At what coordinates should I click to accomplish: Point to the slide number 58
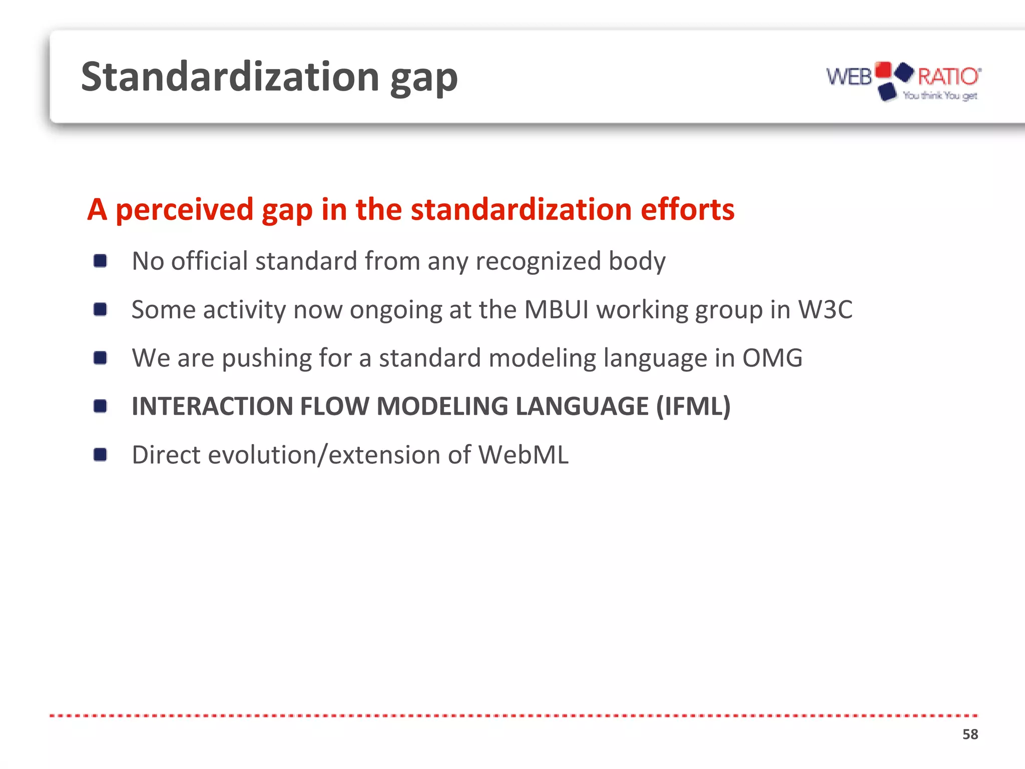[x=970, y=734]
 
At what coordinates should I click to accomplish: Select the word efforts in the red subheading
[x=687, y=209]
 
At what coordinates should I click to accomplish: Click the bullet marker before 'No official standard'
[x=100, y=261]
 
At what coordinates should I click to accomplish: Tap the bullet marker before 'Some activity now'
[x=100, y=309]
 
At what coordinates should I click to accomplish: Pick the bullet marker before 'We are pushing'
[x=100, y=358]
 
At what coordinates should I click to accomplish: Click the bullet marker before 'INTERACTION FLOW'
[x=100, y=406]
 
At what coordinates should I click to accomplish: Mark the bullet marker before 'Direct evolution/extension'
[x=100, y=455]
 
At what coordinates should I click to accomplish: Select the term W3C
[x=825, y=309]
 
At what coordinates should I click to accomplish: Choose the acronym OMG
[x=772, y=358]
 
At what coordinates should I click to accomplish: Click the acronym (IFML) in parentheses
[x=693, y=406]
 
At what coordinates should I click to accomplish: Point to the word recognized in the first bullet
[x=538, y=261]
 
